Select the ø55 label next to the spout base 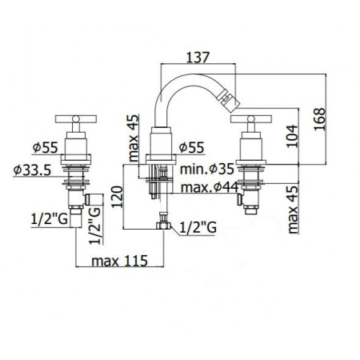(194, 147)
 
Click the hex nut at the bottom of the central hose (165, 226)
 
